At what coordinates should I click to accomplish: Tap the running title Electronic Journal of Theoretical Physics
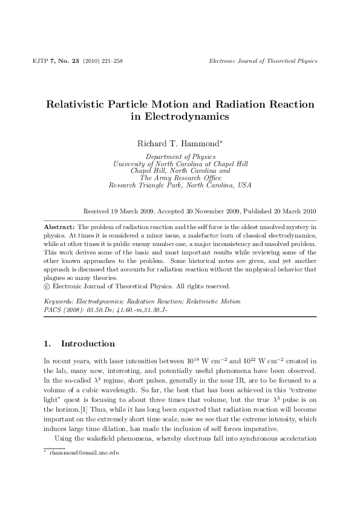pos(263,61)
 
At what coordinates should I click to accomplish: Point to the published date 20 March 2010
pos(292,212)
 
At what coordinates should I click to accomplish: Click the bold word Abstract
pos(57,225)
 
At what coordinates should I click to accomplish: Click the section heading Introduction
pos(88,343)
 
